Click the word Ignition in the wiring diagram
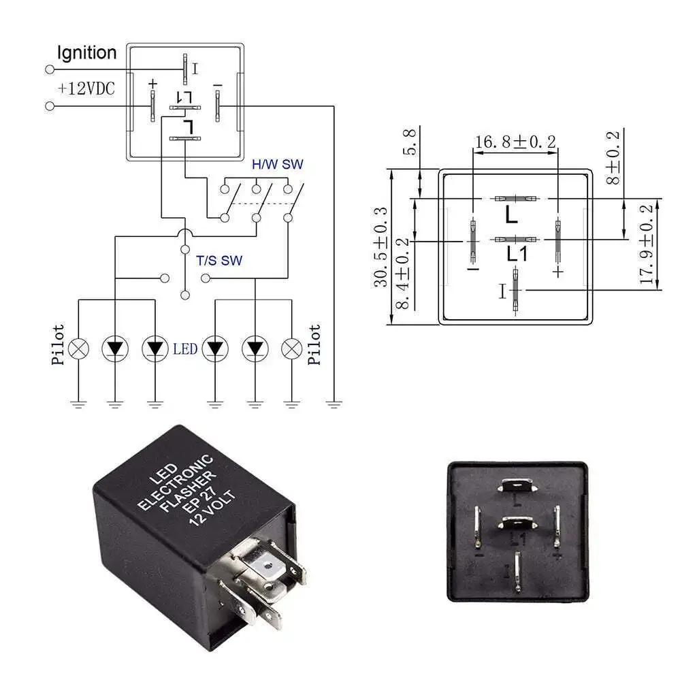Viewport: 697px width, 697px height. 86,52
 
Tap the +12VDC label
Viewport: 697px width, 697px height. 86,88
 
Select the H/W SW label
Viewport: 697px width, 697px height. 278,164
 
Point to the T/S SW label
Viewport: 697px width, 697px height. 219,260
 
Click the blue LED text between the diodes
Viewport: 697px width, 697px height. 184,348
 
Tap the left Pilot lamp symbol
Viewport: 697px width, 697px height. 79,348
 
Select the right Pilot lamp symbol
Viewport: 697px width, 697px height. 292,348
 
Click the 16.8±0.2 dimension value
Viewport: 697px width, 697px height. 515,142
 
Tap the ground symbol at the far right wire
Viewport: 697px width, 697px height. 334,404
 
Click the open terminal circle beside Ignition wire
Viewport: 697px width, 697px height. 49,69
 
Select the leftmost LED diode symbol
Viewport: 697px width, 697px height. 114,348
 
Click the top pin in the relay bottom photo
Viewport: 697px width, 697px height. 517,485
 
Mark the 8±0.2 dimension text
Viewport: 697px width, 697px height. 614,159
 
